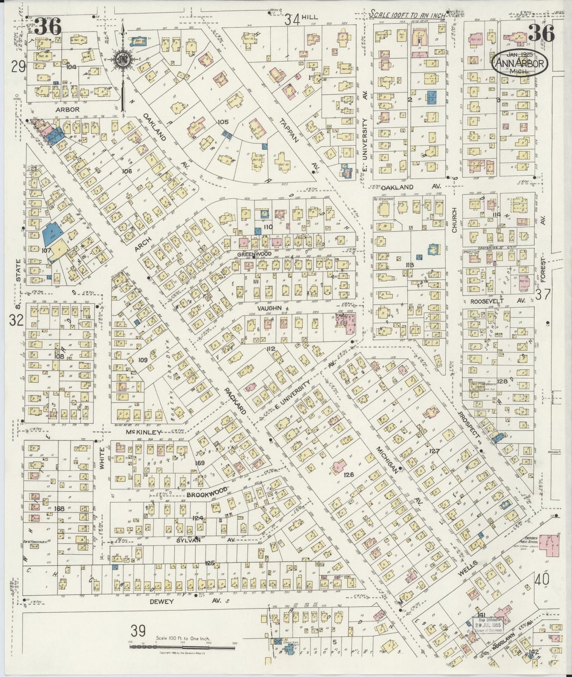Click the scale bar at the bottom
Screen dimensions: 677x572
(x=182, y=647)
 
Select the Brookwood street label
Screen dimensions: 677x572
(x=207, y=493)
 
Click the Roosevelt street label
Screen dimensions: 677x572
(x=487, y=301)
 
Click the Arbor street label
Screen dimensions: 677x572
(x=68, y=109)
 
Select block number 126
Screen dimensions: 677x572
(x=348, y=474)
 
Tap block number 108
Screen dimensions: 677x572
(x=59, y=356)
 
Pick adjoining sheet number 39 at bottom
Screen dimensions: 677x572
(x=138, y=631)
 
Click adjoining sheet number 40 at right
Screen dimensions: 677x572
(x=542, y=580)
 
